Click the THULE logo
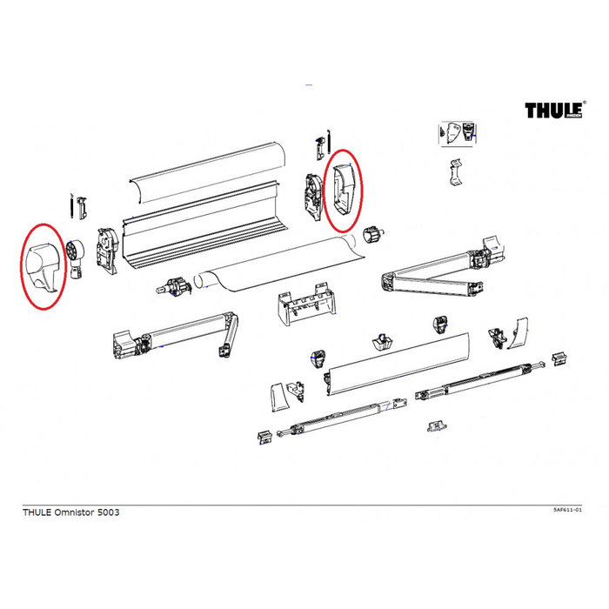click(552, 110)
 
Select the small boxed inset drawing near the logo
click(458, 133)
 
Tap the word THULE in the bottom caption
click(37, 512)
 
